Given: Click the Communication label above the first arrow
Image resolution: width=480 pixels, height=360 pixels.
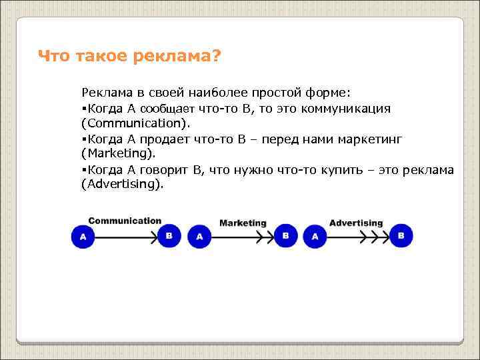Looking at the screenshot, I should click(x=125, y=221).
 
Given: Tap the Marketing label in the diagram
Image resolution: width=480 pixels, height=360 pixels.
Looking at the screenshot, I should click(x=243, y=223).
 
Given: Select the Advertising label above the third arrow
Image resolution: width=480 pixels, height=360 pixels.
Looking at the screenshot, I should click(x=356, y=223).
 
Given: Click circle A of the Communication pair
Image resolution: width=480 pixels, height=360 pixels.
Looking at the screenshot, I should click(x=83, y=237).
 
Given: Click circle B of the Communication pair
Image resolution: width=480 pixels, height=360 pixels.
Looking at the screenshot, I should click(x=169, y=236).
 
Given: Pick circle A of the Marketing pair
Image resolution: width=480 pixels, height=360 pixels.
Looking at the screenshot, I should click(x=199, y=237).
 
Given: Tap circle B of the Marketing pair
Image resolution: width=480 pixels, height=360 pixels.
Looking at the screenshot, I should click(x=285, y=236).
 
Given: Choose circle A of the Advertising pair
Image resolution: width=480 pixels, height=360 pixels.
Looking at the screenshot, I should click(x=315, y=237).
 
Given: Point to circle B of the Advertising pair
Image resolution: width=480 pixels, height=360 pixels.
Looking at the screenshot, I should click(x=401, y=235).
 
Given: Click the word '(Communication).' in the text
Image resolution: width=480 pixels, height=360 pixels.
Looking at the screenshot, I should click(x=135, y=123).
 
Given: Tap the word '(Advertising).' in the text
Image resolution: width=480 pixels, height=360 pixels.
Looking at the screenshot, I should click(x=121, y=185).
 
